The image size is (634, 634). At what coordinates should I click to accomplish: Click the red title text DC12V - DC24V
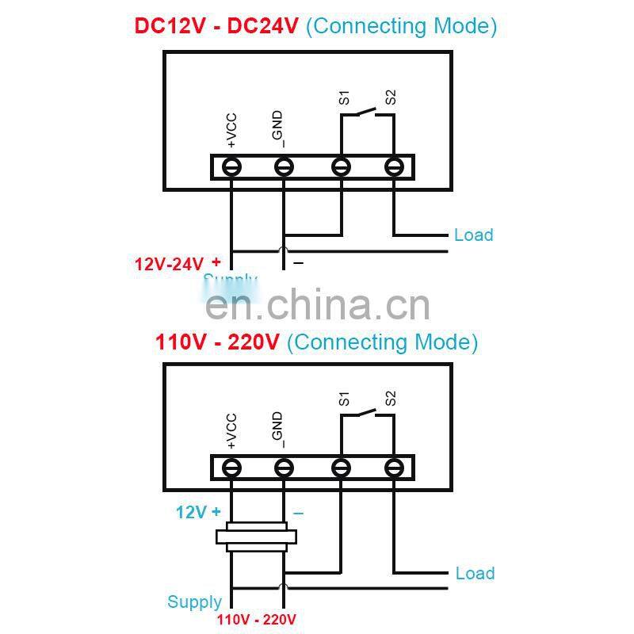pyautogui.click(x=216, y=25)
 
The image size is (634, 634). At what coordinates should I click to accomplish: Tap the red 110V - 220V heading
pyautogui.click(x=217, y=342)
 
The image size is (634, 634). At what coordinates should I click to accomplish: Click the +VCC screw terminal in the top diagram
pyautogui.click(x=231, y=167)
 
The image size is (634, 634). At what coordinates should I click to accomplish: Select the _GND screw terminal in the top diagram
pyautogui.click(x=284, y=167)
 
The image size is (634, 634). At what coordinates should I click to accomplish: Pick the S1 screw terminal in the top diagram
pyautogui.click(x=341, y=167)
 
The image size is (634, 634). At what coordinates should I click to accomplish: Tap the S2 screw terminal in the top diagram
pyautogui.click(x=394, y=167)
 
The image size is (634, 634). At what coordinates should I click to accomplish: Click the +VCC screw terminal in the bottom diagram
pyautogui.click(x=231, y=468)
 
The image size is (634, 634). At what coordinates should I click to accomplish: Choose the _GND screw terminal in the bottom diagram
pyautogui.click(x=284, y=468)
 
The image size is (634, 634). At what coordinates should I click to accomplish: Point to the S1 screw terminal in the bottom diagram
pyautogui.click(x=341, y=468)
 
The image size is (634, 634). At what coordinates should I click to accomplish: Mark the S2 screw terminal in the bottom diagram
pyautogui.click(x=394, y=468)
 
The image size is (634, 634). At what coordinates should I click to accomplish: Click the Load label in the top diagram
pyautogui.click(x=473, y=235)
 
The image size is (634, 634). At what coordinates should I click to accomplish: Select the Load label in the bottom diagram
pyautogui.click(x=475, y=573)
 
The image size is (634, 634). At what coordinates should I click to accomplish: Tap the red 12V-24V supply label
pyautogui.click(x=169, y=264)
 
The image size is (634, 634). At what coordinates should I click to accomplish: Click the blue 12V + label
pyautogui.click(x=198, y=512)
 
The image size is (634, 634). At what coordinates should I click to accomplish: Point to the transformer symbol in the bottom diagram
pyautogui.click(x=257, y=537)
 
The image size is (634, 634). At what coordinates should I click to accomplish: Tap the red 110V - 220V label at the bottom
pyautogui.click(x=256, y=619)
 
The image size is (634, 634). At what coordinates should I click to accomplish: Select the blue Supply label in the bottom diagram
pyautogui.click(x=194, y=602)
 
